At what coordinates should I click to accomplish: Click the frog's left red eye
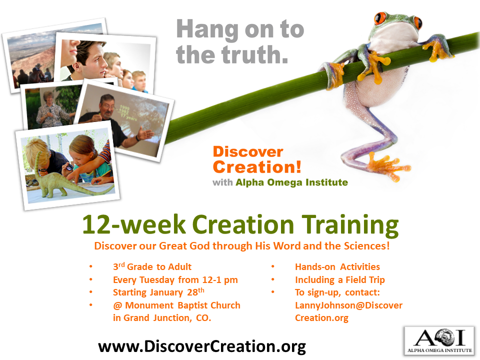[380, 18]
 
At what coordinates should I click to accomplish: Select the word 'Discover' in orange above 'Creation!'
[248, 152]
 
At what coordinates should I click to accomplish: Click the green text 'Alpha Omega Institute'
[291, 182]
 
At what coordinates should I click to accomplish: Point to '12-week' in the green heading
[134, 224]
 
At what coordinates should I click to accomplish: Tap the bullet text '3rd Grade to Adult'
[152, 266]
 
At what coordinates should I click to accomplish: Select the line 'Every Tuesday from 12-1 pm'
[175, 280]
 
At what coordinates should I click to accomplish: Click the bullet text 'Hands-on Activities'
[337, 267]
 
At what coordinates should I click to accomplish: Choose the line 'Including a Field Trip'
[340, 280]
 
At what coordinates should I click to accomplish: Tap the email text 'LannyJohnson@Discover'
[348, 305]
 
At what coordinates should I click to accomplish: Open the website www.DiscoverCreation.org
[202, 346]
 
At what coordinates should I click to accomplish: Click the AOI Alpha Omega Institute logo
[439, 341]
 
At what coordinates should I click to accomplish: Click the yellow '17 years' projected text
[128, 117]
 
